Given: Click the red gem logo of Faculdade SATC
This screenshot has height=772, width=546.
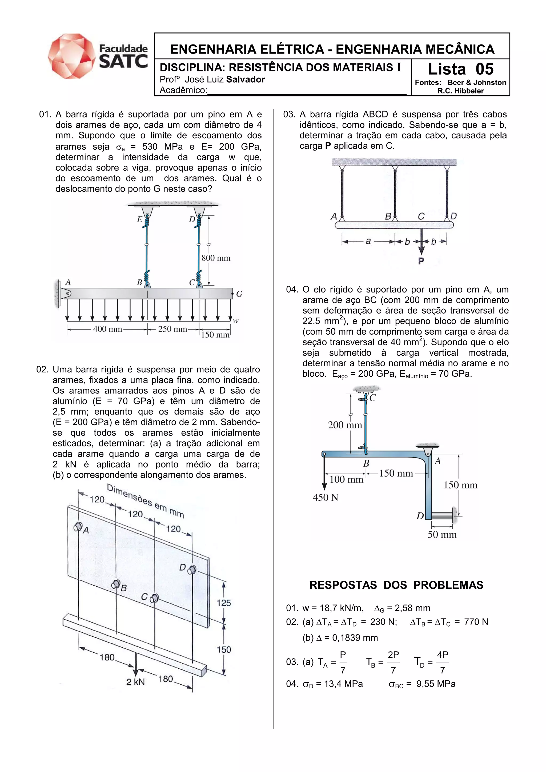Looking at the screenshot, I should tap(72, 56).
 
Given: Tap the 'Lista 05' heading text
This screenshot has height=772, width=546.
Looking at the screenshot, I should tap(460, 69).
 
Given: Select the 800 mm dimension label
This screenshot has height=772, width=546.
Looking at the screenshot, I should tap(216, 258).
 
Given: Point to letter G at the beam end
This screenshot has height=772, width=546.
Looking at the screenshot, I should tap(239, 294).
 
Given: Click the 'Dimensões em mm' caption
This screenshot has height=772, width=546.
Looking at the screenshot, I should tap(145, 501).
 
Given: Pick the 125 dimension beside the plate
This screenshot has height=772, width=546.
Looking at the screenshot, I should tap(224, 603).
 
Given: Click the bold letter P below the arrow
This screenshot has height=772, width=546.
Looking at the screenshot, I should tap(421, 261).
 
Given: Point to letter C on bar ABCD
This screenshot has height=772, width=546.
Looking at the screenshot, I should tap(421, 216).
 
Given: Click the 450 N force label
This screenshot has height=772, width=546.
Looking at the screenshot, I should tap(325, 497).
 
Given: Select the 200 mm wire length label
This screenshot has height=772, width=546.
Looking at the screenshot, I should tap(345, 425).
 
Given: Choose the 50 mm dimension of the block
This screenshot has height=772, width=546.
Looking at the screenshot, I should tap(442, 534).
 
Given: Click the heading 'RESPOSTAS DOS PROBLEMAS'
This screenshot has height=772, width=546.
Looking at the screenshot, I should tap(396, 585).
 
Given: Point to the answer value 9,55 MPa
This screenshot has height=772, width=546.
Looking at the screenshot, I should tap(436, 684).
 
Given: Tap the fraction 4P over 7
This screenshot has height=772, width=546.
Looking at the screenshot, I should tap(442, 662).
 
